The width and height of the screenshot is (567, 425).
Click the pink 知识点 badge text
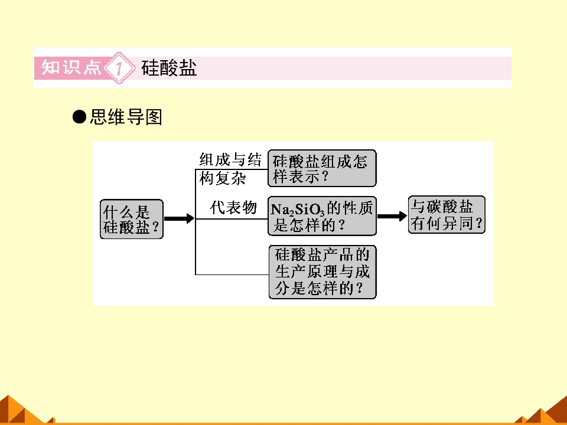pyautogui.click(x=71, y=67)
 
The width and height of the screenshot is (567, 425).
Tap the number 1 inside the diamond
pyautogui.click(x=119, y=68)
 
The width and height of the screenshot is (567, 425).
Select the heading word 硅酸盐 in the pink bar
pyautogui.click(x=169, y=67)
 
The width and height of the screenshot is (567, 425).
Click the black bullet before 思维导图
pyautogui.click(x=79, y=117)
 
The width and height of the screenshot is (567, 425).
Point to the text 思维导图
pyautogui.click(x=126, y=117)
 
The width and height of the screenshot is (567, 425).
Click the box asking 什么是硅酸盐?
pyautogui.click(x=132, y=219)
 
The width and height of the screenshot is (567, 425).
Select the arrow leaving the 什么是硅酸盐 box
pyautogui.click(x=180, y=218)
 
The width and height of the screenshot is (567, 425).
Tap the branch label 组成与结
pyautogui.click(x=230, y=159)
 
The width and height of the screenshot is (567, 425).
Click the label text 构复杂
pyautogui.click(x=223, y=178)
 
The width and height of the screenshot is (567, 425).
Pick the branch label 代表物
pyautogui.click(x=234, y=207)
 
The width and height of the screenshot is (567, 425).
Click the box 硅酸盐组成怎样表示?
pyautogui.click(x=322, y=168)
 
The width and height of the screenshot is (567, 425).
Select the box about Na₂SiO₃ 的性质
pyautogui.click(x=322, y=216)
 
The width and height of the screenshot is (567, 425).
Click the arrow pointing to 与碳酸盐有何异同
pyautogui.click(x=392, y=216)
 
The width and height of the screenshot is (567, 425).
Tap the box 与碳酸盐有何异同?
pyautogui.click(x=447, y=215)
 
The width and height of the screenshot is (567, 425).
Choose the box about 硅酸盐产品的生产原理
pyautogui.click(x=322, y=272)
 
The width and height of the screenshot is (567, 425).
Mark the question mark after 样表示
pyautogui.click(x=325, y=176)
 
